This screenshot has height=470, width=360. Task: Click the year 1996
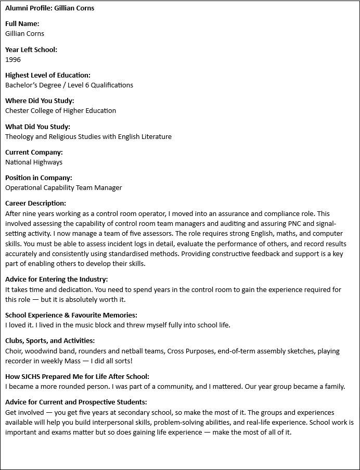(13, 59)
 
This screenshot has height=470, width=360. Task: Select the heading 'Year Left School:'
(31, 49)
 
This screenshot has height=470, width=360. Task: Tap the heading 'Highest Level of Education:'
(48, 75)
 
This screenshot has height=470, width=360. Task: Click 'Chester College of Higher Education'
(60, 110)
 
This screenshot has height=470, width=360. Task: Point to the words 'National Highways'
(34, 162)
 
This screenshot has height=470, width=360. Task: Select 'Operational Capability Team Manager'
(63, 187)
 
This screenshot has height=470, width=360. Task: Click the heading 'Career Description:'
(35, 203)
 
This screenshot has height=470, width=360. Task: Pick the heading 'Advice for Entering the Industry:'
(57, 280)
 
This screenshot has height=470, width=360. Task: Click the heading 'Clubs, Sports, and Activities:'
(50, 341)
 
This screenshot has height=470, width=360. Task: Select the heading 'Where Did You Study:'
(40, 100)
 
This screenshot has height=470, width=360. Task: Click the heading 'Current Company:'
(34, 152)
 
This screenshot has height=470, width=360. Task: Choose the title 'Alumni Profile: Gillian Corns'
(50, 8)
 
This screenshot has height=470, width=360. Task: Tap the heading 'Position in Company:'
(38, 177)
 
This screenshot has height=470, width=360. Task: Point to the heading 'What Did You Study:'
(37, 126)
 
